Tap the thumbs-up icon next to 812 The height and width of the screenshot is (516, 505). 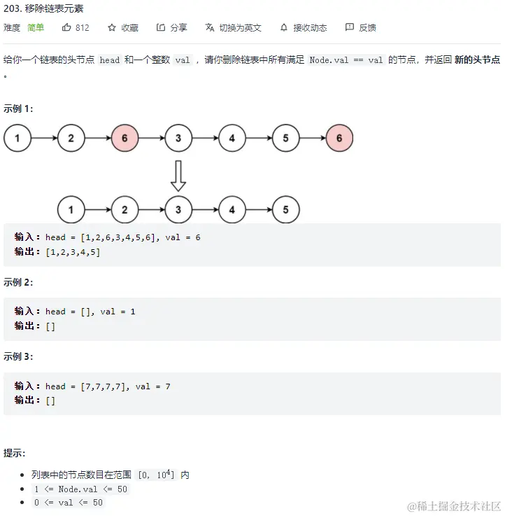tap(67, 27)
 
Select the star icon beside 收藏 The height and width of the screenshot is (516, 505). tap(112, 27)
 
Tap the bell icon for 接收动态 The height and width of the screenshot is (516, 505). tap(284, 27)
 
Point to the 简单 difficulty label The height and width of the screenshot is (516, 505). tap(36, 27)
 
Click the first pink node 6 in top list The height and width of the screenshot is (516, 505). tap(125, 139)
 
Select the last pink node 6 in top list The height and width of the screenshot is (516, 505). tap(339, 139)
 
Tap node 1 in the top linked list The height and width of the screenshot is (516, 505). tap(17, 139)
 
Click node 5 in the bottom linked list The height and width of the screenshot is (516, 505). tap(285, 209)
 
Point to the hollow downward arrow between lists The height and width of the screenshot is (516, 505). tap(178, 175)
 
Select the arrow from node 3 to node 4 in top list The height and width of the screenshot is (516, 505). tap(205, 139)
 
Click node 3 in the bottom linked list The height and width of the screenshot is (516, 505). tap(178, 209)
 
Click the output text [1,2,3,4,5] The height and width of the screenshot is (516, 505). tap(73, 252)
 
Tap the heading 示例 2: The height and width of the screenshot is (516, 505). tap(18, 282)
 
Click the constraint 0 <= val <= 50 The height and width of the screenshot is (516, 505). tap(69, 503)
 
